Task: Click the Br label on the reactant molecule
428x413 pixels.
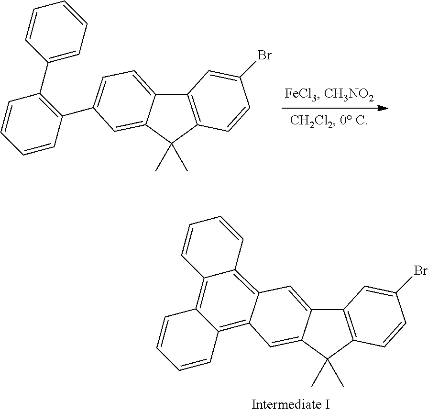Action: pos(264,56)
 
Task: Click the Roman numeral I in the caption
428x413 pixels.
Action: pos(328,404)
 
